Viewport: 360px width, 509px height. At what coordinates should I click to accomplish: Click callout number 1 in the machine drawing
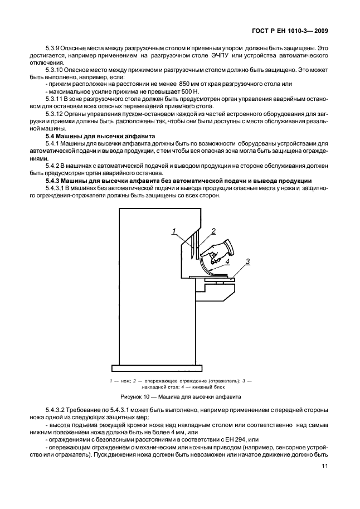coord(174,231)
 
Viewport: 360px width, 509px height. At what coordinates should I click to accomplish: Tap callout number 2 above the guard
coord(213,230)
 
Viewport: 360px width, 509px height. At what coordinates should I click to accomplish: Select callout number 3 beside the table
coord(247,260)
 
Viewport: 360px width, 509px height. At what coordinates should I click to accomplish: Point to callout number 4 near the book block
coord(227,260)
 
